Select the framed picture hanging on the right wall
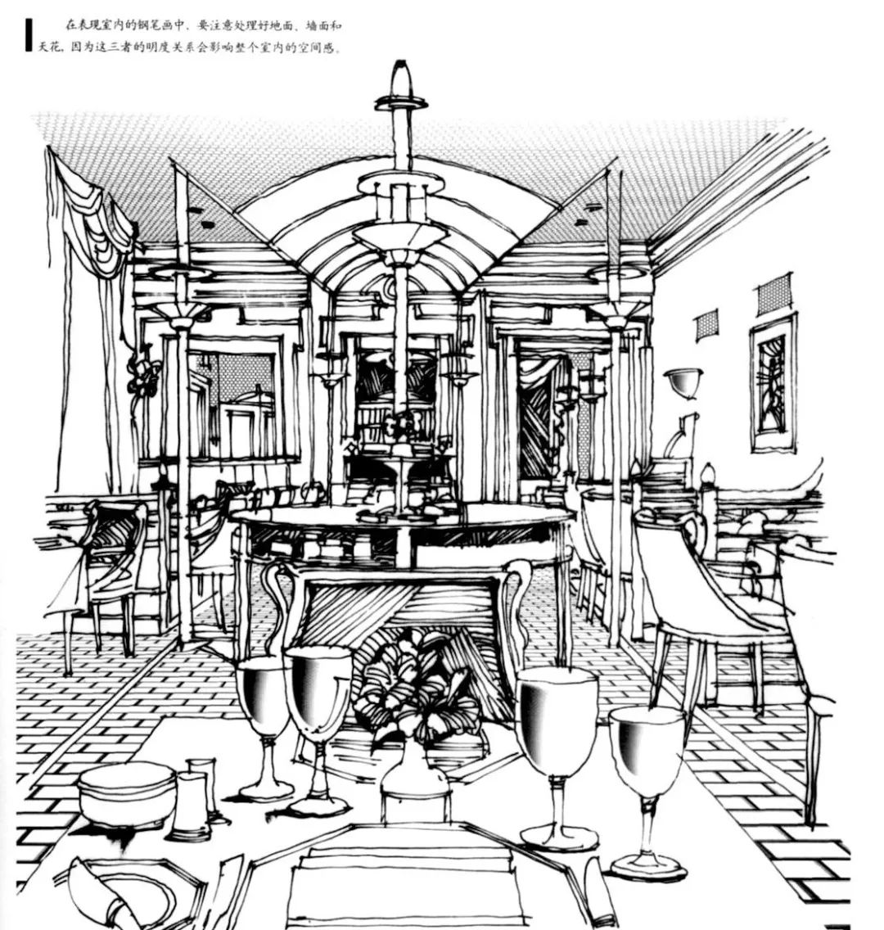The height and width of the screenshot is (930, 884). point(773,383)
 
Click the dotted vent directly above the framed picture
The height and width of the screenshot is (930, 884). point(773,295)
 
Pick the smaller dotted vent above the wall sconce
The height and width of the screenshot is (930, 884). point(706,325)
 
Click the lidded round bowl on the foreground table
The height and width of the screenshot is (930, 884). point(127,792)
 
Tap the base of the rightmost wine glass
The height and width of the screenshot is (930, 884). point(647,865)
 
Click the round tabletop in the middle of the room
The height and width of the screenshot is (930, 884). point(401,517)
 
